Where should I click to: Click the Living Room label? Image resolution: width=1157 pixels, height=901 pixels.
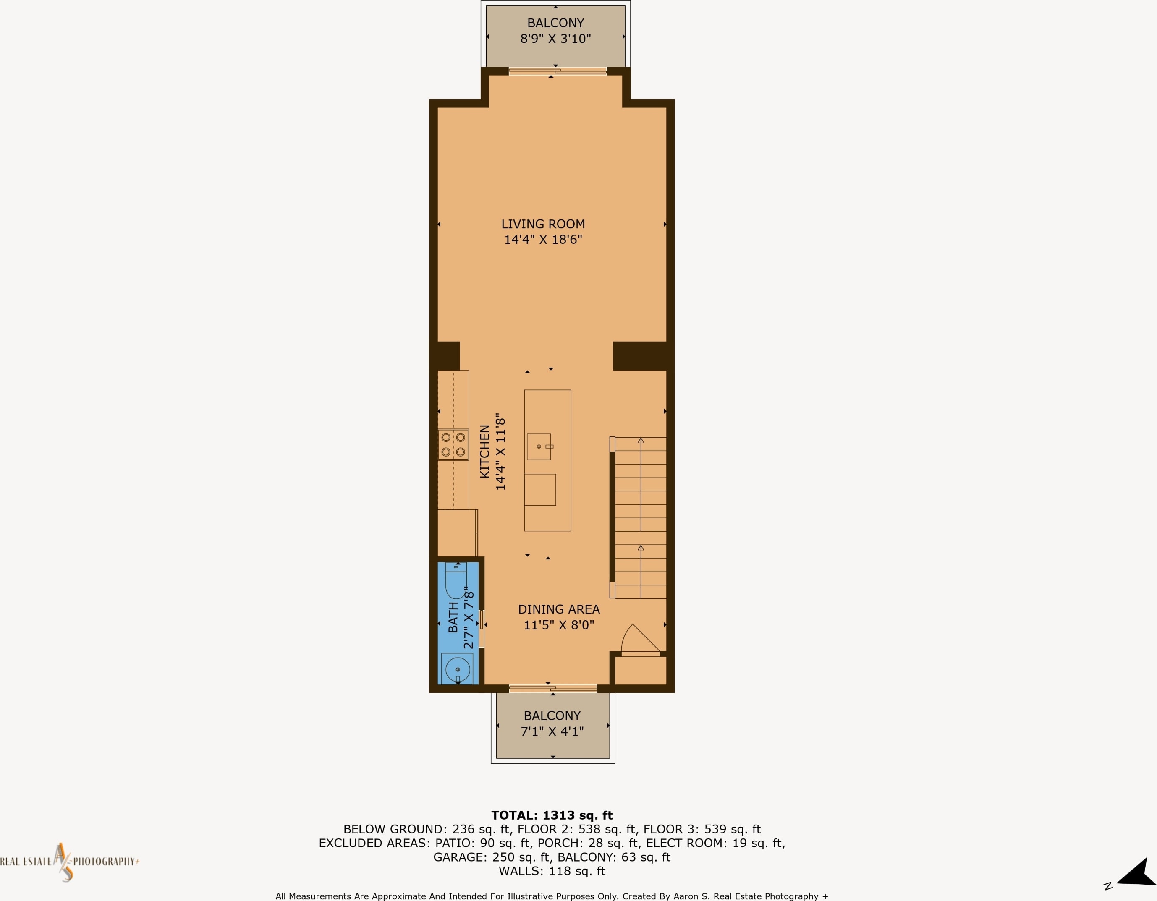point(543,224)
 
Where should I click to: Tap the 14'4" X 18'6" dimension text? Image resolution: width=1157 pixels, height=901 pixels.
point(543,240)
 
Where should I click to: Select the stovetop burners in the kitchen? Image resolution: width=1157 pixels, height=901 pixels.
point(453,444)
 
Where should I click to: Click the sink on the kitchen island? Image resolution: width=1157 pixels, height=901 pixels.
point(540,447)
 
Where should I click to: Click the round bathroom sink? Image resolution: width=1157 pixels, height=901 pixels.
point(457,669)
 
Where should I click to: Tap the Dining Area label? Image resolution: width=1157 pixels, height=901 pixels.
point(559,610)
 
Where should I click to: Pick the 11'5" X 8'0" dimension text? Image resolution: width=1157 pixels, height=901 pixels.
point(559,625)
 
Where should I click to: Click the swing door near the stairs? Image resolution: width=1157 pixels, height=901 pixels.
point(641,641)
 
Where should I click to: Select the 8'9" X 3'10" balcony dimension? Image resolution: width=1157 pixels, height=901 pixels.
point(555,39)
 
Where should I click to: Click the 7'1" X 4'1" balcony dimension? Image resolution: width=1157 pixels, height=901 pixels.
point(552,731)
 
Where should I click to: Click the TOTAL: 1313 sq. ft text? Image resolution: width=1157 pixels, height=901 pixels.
point(552,815)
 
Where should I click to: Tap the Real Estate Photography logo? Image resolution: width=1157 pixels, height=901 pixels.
point(69,862)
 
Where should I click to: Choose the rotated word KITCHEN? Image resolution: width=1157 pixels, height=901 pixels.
point(484,451)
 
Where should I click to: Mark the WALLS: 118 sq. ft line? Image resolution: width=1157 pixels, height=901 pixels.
point(552,871)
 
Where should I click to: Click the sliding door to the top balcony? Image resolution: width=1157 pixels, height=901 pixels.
point(558,71)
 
